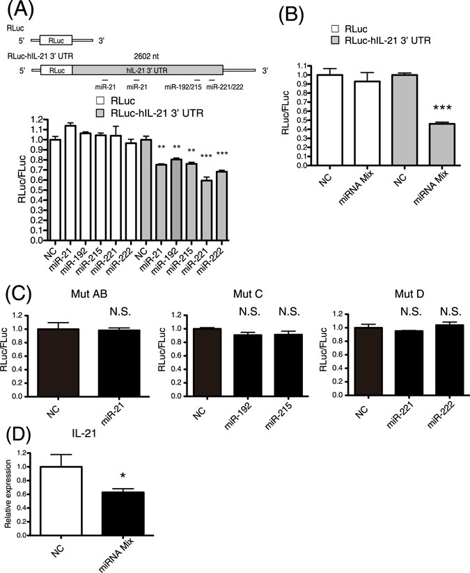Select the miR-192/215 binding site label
point(182,88)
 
